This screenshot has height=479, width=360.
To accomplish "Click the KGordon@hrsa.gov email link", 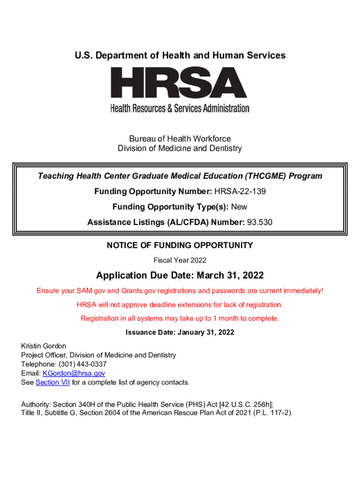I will pyautogui.click(x=74, y=373).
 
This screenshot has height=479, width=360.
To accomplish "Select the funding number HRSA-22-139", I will pyautogui.click(x=240, y=191).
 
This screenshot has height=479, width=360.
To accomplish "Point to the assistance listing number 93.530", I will pyautogui.click(x=259, y=223).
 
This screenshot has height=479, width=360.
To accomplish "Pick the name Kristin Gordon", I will pyautogui.click(x=43, y=346).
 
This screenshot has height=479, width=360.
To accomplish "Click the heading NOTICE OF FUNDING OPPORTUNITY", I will pyautogui.click(x=180, y=245).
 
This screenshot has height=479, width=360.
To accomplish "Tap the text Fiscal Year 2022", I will pyautogui.click(x=180, y=260).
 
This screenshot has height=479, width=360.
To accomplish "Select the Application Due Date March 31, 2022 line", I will pyautogui.click(x=180, y=275).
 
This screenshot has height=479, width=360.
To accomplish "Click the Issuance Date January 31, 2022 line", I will pyautogui.click(x=180, y=333).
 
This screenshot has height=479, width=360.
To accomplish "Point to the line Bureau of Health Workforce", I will pyautogui.click(x=180, y=139).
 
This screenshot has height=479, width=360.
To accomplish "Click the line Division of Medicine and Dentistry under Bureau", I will pyautogui.click(x=180, y=149).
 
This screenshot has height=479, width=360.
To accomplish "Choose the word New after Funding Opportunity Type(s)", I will pyautogui.click(x=239, y=207).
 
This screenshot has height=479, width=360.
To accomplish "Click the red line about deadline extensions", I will pyautogui.click(x=180, y=305).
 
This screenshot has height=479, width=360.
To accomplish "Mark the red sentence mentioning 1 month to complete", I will pyautogui.click(x=180, y=319).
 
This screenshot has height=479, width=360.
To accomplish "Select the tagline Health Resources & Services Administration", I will pyautogui.click(x=180, y=109).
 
